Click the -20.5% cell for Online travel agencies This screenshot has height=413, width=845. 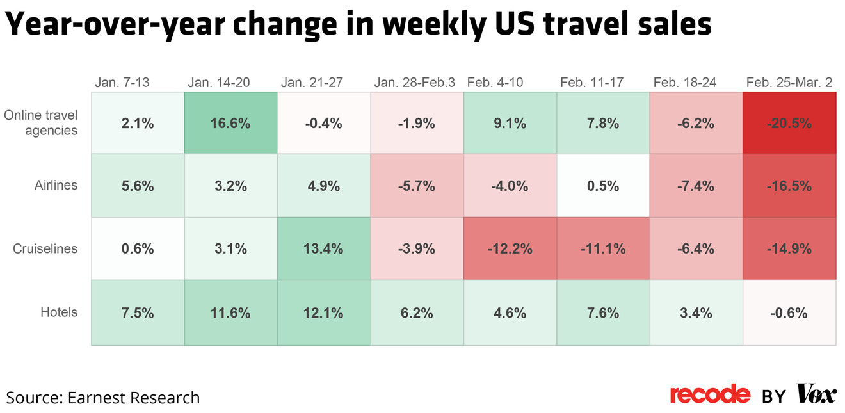789,124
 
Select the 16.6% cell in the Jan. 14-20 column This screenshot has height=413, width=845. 230,124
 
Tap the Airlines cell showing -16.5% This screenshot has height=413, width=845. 789,186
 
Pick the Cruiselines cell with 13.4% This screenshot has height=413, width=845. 323,249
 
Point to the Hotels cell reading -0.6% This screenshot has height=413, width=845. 789,313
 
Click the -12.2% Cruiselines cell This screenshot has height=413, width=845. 510,249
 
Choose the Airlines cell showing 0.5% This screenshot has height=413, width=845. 602,186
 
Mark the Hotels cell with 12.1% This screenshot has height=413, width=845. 323,313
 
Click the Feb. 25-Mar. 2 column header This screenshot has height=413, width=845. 789,83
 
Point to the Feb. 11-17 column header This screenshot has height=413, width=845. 591,83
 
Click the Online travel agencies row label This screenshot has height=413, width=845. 41,123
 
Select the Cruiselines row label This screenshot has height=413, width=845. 45,249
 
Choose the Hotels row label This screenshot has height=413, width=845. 59,312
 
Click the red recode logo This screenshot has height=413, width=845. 709,394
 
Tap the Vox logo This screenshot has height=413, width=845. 816,394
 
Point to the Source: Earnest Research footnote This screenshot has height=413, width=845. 103,398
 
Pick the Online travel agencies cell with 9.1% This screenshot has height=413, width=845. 510,124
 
